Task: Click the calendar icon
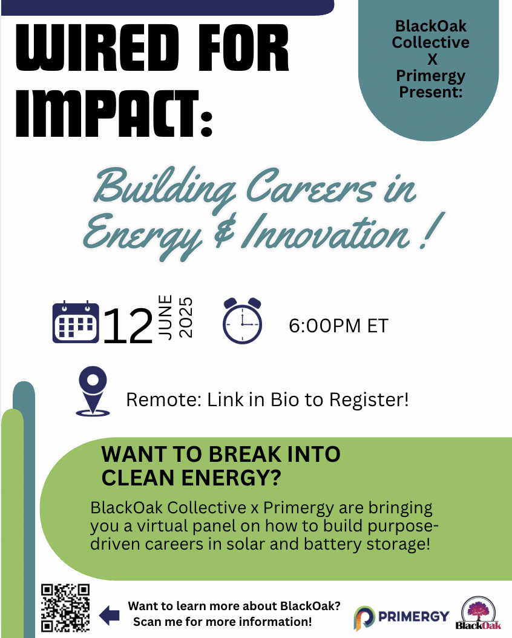coord(76,322)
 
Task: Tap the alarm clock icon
coord(242,321)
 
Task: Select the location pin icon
coord(93,391)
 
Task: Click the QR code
coord(65,608)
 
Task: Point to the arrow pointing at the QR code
coord(110,614)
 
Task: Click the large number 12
coord(128,326)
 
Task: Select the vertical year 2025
coord(185,317)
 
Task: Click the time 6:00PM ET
coord(338,326)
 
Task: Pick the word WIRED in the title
coord(97,48)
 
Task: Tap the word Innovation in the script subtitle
coord(326,233)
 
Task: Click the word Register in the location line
coord(369,400)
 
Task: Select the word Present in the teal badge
coord(431,92)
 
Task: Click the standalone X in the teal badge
coord(432,59)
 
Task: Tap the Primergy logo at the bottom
coord(401,617)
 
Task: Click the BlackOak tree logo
coord(478,613)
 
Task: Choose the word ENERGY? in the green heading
coord(231,478)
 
